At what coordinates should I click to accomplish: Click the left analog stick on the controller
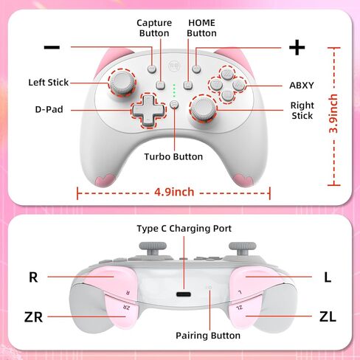pyautogui.click(x=122, y=83)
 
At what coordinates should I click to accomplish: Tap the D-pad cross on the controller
pyautogui.click(x=148, y=110)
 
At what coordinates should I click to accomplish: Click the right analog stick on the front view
pyautogui.click(x=204, y=108)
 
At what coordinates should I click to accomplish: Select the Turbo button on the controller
pyautogui.click(x=174, y=104)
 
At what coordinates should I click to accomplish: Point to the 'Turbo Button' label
pyautogui.click(x=173, y=156)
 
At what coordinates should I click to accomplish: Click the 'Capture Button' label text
pyautogui.click(x=154, y=28)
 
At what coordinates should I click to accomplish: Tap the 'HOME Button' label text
pyautogui.click(x=201, y=28)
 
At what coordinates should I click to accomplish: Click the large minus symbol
pyautogui.click(x=52, y=47)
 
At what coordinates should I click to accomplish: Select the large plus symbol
pyautogui.click(x=297, y=47)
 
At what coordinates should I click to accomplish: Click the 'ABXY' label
pyautogui.click(x=302, y=86)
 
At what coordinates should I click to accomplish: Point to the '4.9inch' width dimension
pyautogui.click(x=174, y=192)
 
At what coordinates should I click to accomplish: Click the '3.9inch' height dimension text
pyautogui.click(x=333, y=114)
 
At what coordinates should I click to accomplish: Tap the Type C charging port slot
pyautogui.click(x=184, y=294)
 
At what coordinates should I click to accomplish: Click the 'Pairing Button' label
pyautogui.click(x=208, y=336)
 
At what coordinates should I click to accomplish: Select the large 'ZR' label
pyautogui.click(x=33, y=317)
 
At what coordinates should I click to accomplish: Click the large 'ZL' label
pyautogui.click(x=328, y=316)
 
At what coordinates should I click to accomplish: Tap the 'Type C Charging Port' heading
pyautogui.click(x=184, y=229)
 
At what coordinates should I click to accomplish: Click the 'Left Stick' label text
pyautogui.click(x=49, y=83)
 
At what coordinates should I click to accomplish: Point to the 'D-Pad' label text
pyautogui.click(x=49, y=109)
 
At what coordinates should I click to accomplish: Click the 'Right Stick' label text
pyautogui.click(x=302, y=111)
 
